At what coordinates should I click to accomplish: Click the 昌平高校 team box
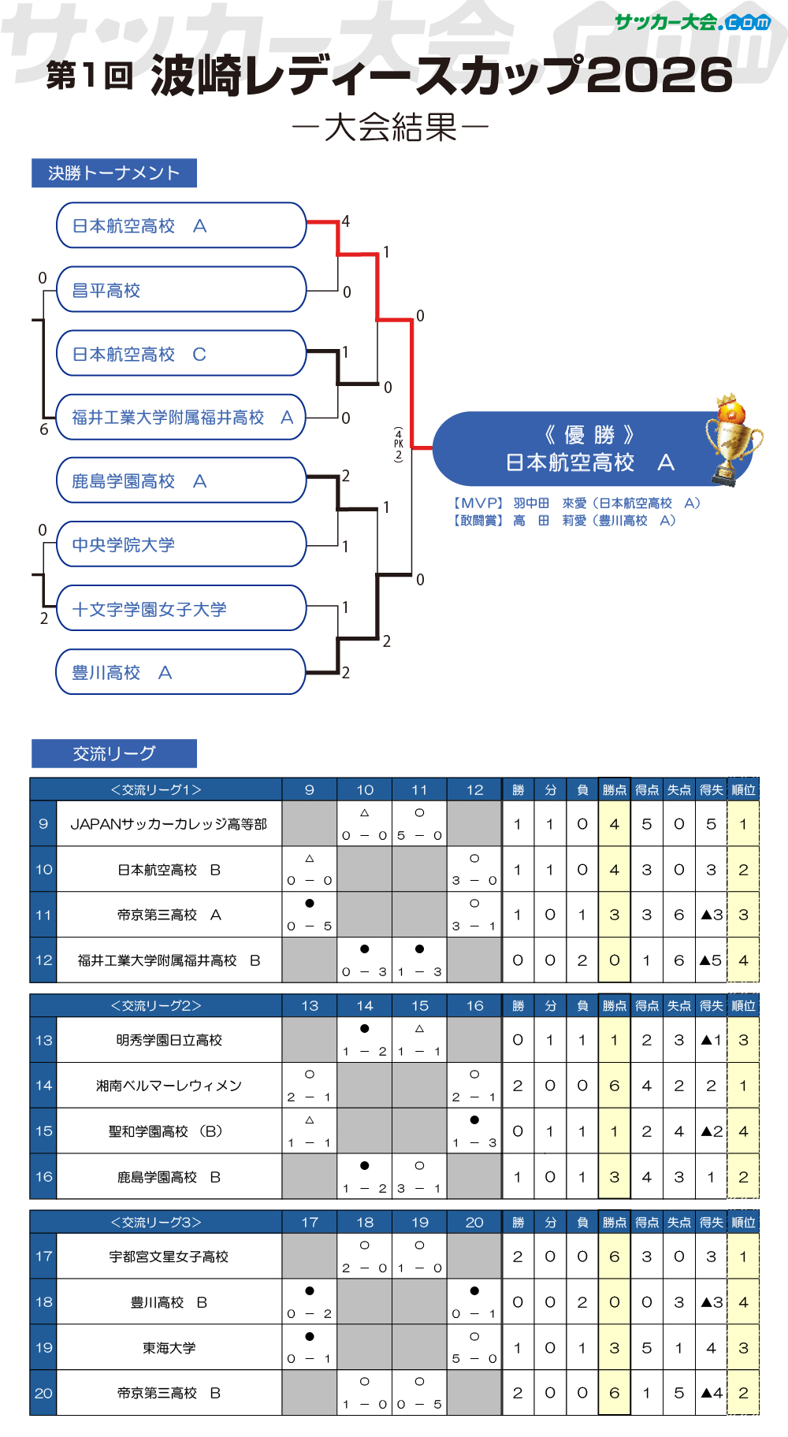coord(181,290)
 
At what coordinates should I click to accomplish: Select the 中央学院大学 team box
coord(181,544)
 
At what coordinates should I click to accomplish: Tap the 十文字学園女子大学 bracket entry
coord(181,608)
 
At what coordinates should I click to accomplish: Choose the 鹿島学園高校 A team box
coord(181,481)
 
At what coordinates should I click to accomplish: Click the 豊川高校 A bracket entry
coord(181,672)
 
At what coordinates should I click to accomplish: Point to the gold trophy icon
coord(732,439)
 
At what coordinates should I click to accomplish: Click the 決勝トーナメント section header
coord(114,173)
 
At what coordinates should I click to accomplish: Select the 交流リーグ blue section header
coord(114,753)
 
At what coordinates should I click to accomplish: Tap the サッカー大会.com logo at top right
coord(692,22)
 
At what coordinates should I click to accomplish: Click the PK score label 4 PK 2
coord(399,444)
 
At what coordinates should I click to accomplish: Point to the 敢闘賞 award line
coord(564,520)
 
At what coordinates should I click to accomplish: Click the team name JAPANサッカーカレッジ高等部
coord(169,824)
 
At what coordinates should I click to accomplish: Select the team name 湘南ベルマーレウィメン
coord(169,1086)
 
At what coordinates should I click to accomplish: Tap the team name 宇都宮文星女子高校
coord(169,1257)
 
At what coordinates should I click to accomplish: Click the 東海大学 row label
coord(169,1348)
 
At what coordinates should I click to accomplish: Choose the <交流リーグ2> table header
coord(156,1006)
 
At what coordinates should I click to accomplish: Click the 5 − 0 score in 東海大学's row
coord(474,1359)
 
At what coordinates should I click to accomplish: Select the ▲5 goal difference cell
coord(711,960)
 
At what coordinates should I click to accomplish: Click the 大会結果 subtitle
coord(391,126)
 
